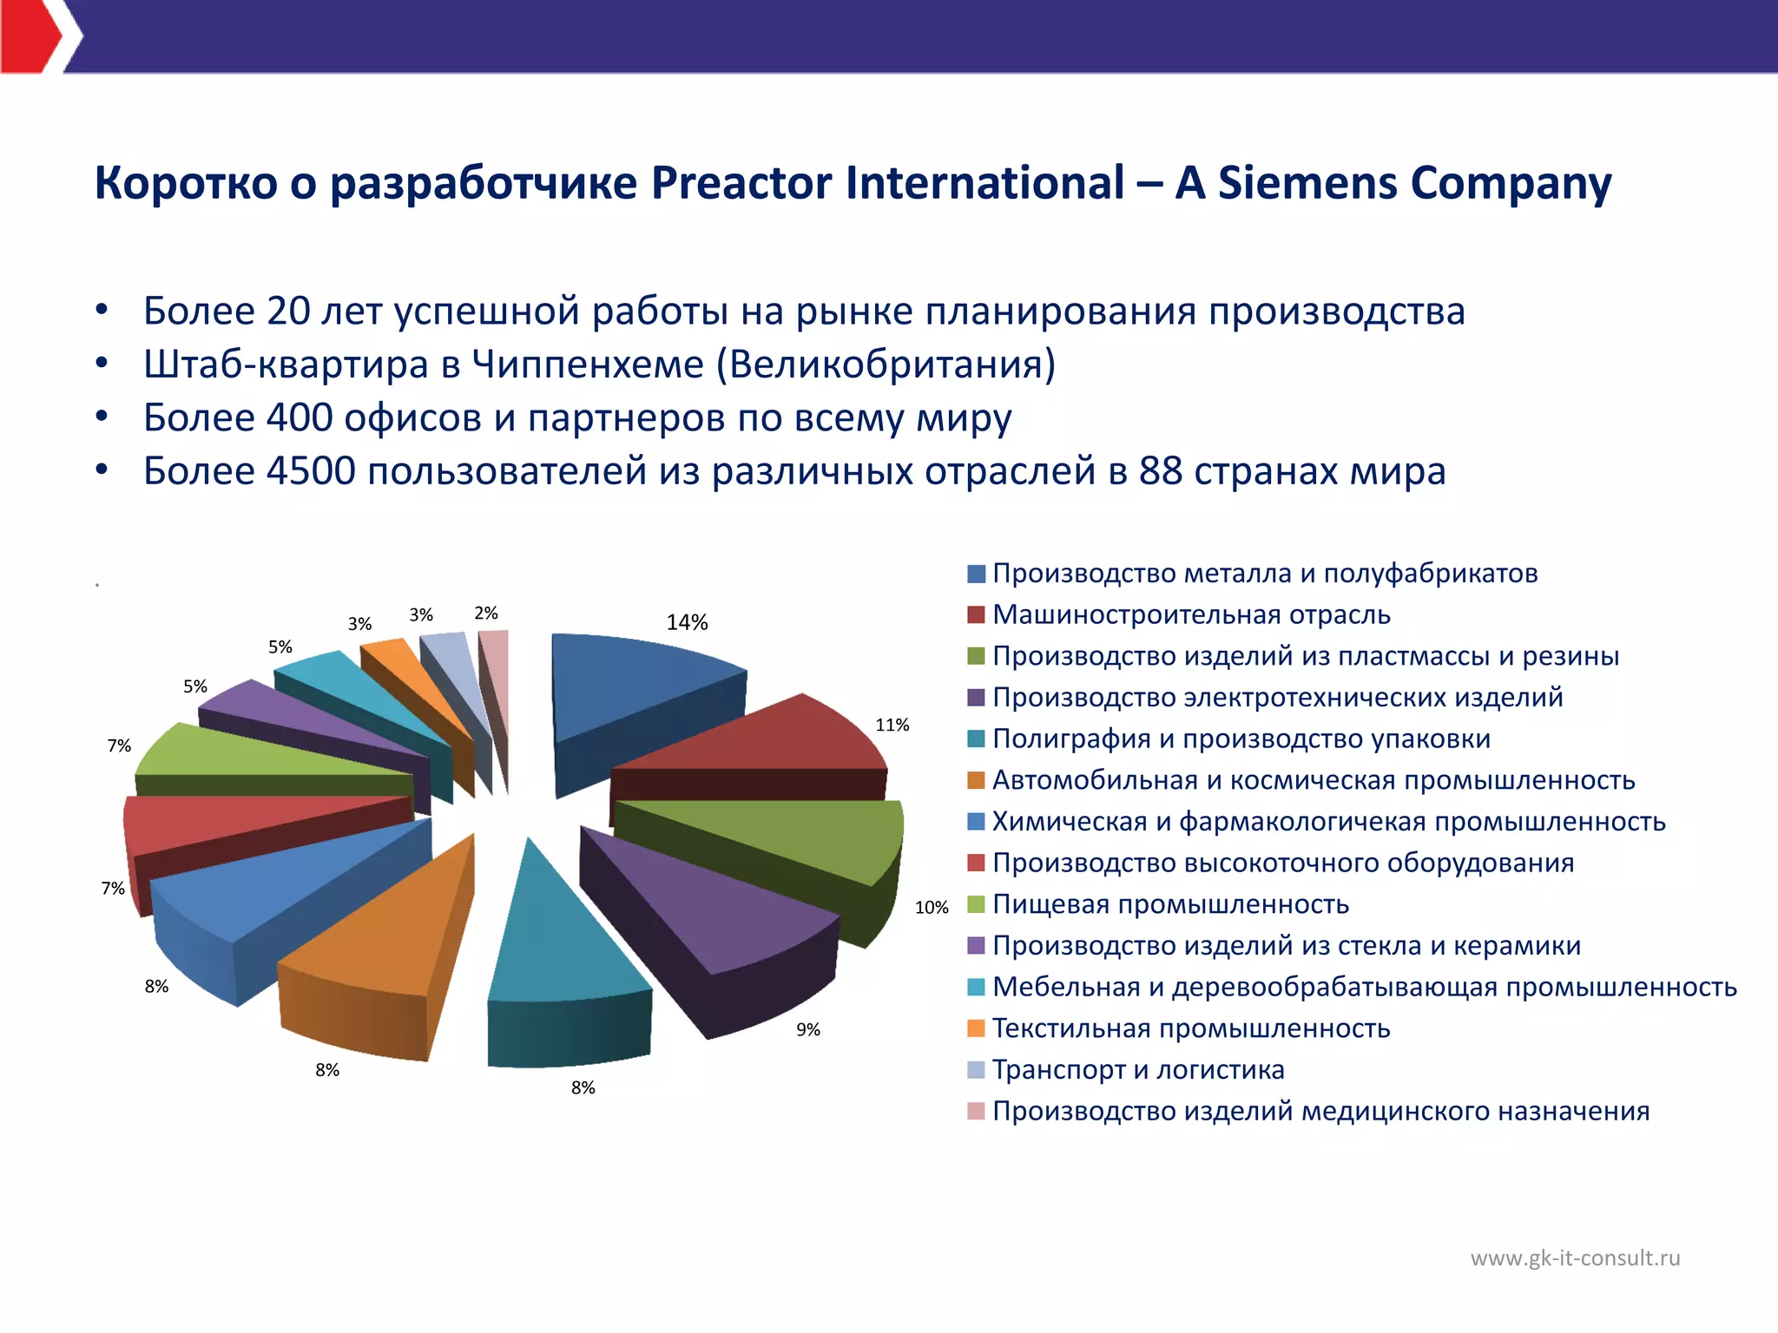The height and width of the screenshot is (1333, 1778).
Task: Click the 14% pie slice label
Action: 687,622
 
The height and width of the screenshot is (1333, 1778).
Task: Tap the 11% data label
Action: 892,725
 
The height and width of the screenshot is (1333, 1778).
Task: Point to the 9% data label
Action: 808,1029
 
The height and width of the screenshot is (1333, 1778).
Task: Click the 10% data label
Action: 932,907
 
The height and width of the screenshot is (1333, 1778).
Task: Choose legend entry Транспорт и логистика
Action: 1137,1069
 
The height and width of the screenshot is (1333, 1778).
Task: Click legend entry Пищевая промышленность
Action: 1170,904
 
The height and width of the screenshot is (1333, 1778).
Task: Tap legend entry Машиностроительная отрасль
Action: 1191,614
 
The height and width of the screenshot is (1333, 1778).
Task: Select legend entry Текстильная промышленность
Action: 1191,1028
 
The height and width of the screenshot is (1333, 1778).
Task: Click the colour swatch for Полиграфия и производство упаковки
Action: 976,739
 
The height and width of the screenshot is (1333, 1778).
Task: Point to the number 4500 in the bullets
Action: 311,471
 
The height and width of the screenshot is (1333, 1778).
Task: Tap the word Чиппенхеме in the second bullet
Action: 588,364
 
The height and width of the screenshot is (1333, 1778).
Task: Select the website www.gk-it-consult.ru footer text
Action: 1575,1257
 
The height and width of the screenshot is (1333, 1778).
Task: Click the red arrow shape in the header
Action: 30,36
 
